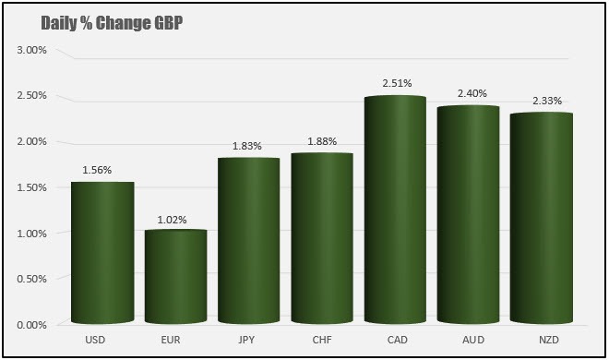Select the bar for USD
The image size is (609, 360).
pyautogui.click(x=102, y=254)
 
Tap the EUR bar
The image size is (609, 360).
pyautogui.click(x=175, y=277)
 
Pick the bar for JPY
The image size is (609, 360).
pyautogui.click(x=248, y=242)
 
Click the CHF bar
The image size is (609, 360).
pyautogui.click(x=321, y=240)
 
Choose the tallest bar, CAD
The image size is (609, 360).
pyautogui.click(x=395, y=210)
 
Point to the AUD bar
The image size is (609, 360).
pyautogui.click(x=468, y=216)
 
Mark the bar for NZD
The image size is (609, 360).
pyautogui.click(x=542, y=219)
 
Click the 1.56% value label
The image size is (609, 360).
pyautogui.click(x=100, y=170)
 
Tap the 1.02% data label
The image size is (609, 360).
pyautogui.click(x=172, y=220)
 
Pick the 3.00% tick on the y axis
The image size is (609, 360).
pyautogui.click(x=31, y=50)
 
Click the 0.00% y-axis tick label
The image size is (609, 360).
pyautogui.click(x=31, y=325)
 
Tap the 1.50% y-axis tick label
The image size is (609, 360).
pyautogui.click(x=31, y=187)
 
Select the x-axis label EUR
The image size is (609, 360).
pyautogui.click(x=175, y=341)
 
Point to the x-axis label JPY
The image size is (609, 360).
pyautogui.click(x=248, y=341)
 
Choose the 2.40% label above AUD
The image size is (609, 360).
pyautogui.click(x=472, y=93)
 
